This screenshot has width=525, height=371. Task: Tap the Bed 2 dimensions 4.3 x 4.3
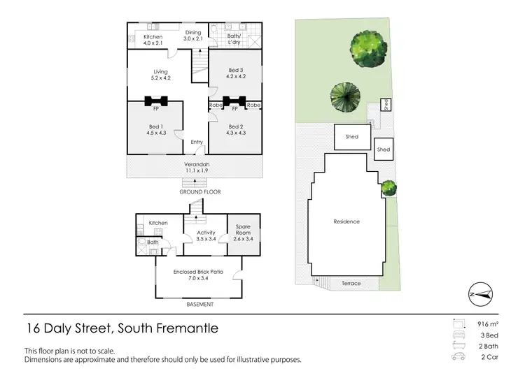point(235,133)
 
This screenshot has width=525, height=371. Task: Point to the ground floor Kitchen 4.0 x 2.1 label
point(153,40)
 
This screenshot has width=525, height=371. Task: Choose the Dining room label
point(193,32)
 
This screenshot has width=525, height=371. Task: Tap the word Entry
point(197,143)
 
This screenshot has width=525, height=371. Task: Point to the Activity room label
point(206,233)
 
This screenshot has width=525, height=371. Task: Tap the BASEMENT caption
point(199,305)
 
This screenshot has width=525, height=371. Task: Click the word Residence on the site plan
point(346,221)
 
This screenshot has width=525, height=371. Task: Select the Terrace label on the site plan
point(351,284)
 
